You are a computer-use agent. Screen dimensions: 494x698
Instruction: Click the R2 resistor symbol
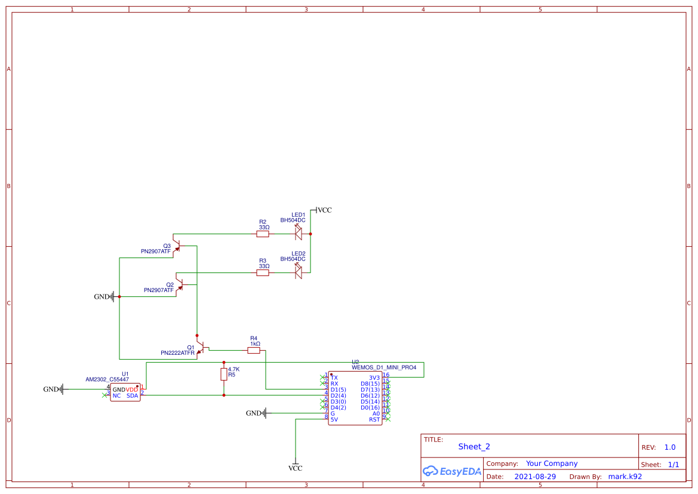tap(263, 235)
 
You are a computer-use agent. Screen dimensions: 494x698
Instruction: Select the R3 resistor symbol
tap(263, 273)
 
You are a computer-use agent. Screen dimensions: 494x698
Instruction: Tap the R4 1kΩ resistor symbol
tap(254, 351)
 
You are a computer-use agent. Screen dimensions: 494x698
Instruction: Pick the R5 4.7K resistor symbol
tap(224, 374)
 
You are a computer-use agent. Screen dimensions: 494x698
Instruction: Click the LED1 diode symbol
tap(299, 234)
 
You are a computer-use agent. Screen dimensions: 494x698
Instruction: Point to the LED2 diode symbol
tap(299, 272)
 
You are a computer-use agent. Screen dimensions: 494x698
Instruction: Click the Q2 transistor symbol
tap(179, 284)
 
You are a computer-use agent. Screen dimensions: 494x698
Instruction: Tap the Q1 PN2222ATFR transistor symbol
tap(201, 347)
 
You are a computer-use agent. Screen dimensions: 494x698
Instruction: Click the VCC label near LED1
tap(324, 210)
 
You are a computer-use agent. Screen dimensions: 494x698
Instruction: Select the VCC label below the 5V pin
tap(296, 468)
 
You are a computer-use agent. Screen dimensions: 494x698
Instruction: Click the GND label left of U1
tap(51, 389)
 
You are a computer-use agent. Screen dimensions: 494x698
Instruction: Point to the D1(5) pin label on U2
tap(338, 389)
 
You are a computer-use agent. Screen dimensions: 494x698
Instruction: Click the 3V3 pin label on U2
tap(374, 378)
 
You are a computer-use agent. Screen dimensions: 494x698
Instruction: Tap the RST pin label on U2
tap(374, 419)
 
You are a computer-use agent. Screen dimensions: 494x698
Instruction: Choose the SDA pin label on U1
tap(132, 395)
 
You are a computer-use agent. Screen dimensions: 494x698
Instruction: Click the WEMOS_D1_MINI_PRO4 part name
tap(384, 367)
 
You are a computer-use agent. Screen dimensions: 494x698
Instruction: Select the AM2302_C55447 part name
tap(107, 379)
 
